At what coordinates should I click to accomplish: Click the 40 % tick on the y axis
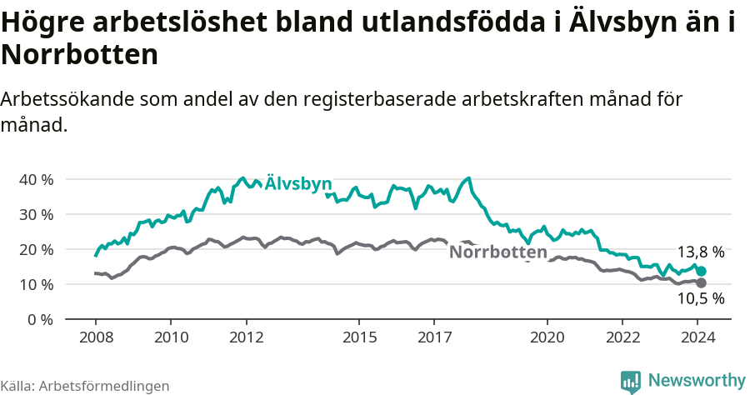point(36,179)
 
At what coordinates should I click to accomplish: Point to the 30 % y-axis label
point(36,214)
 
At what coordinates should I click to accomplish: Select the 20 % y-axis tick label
point(36,249)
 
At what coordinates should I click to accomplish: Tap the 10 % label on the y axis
point(36,284)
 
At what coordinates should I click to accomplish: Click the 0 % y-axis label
point(40,319)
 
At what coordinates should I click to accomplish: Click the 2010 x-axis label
point(171,337)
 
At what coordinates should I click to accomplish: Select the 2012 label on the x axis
point(246,337)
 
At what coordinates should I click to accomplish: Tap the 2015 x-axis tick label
point(359,337)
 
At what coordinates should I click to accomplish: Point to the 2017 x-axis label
point(434,337)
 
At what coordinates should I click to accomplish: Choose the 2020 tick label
point(547,337)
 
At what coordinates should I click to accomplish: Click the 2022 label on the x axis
point(622,337)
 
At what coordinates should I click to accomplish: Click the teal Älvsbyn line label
point(298,184)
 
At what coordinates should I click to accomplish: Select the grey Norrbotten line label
point(498,252)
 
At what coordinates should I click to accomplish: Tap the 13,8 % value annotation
point(700,252)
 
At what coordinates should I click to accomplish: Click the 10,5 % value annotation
point(700,298)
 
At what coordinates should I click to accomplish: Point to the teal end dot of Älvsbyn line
point(702,272)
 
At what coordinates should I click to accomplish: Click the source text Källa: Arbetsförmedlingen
point(85,386)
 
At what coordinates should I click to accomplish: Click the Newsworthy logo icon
point(631,382)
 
